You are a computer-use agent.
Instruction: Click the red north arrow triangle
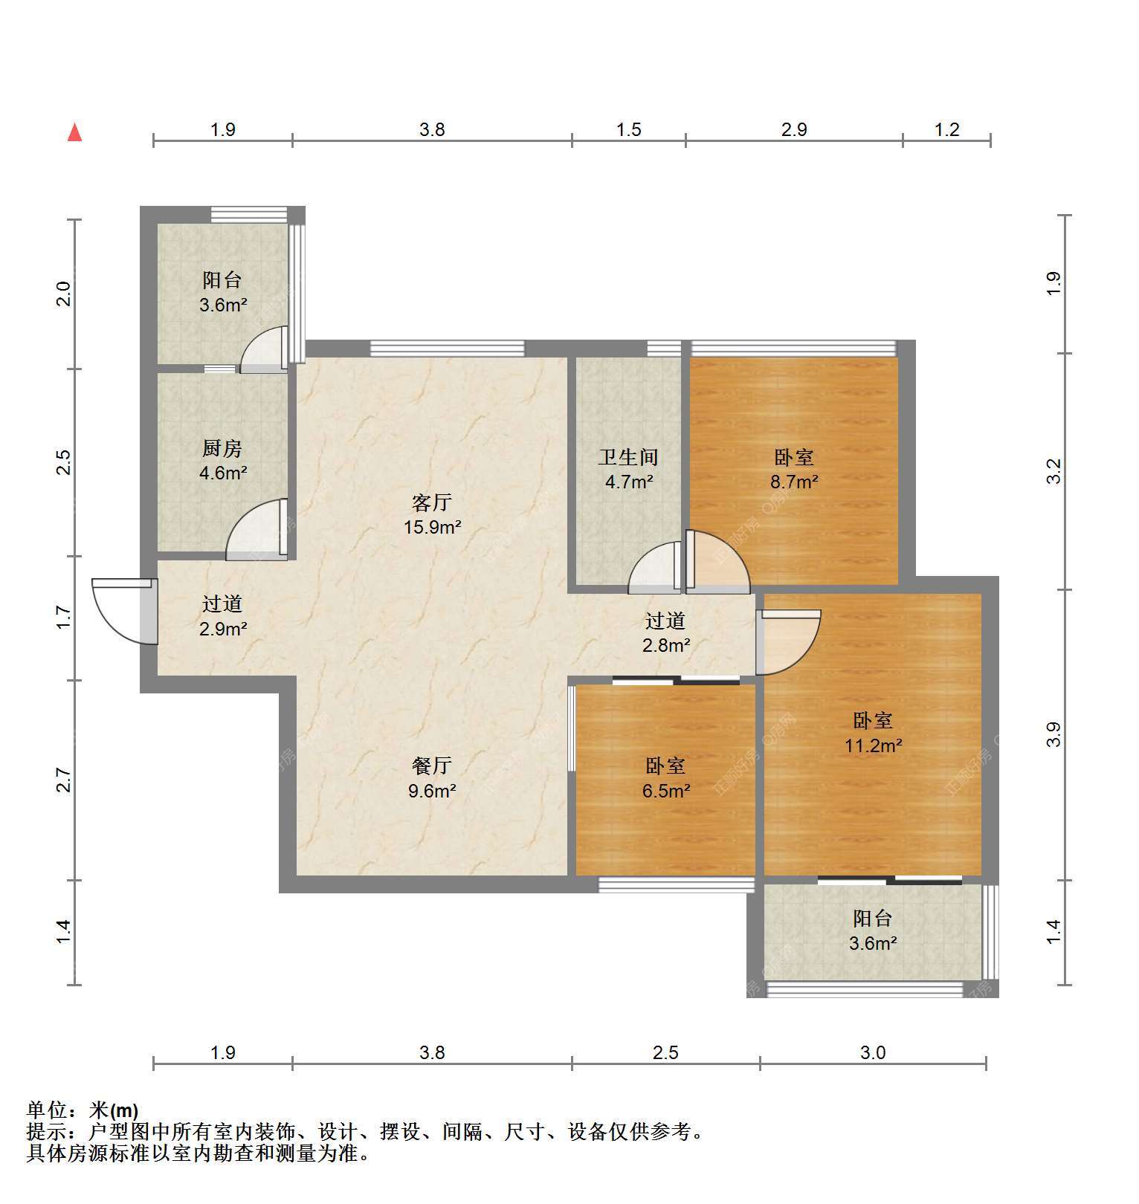(x=74, y=132)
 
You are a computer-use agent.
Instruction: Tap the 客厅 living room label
(x=432, y=503)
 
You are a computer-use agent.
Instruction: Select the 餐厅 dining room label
(x=432, y=766)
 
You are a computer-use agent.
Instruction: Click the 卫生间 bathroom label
(x=629, y=457)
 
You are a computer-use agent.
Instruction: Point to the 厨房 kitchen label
(x=222, y=448)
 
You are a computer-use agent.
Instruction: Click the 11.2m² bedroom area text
(x=874, y=745)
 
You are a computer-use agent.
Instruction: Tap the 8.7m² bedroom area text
(x=794, y=482)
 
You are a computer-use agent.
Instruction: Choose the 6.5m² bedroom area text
(x=667, y=790)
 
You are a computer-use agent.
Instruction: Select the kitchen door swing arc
(x=256, y=529)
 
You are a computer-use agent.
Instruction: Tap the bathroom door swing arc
(x=655, y=568)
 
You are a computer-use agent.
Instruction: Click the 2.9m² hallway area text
(x=223, y=629)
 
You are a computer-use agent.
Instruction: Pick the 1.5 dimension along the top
(x=628, y=130)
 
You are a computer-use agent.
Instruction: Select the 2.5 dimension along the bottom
(x=665, y=1052)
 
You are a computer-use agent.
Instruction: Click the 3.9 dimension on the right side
(x=1053, y=735)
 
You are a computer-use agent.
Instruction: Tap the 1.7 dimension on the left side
(x=64, y=618)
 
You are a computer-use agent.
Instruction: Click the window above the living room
(x=448, y=348)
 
